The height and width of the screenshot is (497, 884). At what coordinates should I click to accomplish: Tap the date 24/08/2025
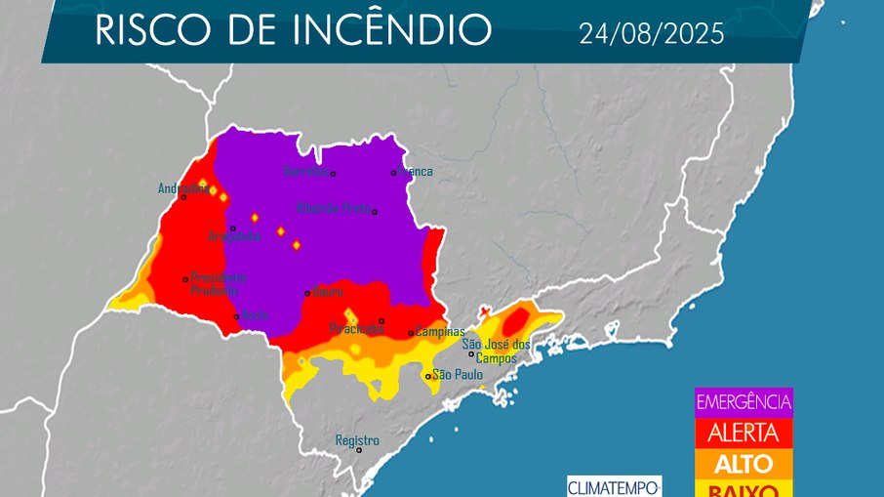click(x=652, y=34)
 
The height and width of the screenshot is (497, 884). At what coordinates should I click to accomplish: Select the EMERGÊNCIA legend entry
click(x=743, y=401)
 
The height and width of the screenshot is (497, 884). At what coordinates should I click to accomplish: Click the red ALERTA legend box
click(x=743, y=433)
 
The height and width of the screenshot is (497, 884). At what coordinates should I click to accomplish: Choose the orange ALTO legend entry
click(x=743, y=463)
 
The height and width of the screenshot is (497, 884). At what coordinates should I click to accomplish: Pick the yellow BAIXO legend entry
click(x=743, y=488)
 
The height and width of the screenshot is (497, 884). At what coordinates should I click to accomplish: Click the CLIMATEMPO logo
click(x=615, y=485)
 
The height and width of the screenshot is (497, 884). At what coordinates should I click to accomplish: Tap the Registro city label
click(x=356, y=440)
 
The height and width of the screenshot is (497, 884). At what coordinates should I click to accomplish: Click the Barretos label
click(x=305, y=172)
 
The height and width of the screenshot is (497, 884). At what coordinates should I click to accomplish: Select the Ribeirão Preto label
click(x=333, y=208)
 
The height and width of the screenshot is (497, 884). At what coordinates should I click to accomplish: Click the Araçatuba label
click(x=234, y=236)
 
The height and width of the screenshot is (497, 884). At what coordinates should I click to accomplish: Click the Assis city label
click(x=254, y=315)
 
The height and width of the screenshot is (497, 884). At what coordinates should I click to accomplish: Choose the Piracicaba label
click(x=356, y=329)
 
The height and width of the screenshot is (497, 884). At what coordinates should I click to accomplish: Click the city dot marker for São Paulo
click(x=427, y=376)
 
